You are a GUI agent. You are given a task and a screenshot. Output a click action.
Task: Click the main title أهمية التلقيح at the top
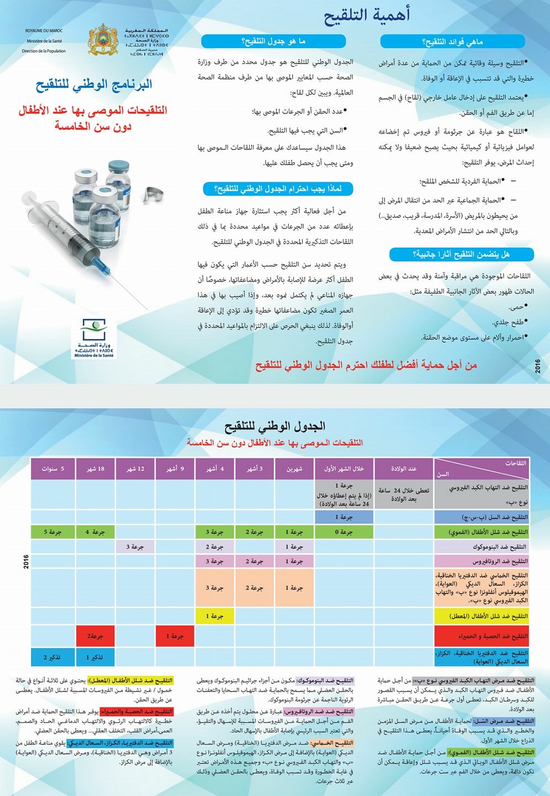coord(367,15)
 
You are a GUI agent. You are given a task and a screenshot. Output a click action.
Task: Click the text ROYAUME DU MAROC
coord(44,31)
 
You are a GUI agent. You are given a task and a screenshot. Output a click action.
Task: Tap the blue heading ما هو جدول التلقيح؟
coord(273,41)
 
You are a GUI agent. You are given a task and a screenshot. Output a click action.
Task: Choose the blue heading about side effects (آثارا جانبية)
coord(461,254)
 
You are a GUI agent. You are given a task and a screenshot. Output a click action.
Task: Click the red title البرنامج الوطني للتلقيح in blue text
coord(94,85)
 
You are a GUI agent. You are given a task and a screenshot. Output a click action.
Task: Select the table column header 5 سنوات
coord(53,469)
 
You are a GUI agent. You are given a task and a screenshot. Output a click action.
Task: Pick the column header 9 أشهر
coord(175,469)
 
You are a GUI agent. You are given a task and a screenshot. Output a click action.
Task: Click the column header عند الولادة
coord(404,469)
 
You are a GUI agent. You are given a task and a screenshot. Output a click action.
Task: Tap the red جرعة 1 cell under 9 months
coord(175,636)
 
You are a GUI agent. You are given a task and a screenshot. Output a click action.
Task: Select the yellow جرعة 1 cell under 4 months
coord(215,616)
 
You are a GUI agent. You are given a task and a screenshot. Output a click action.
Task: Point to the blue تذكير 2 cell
coord(52,657)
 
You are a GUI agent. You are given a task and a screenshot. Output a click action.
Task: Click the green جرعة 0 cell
coord(344,532)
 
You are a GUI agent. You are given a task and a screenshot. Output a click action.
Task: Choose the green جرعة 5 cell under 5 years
coord(52,532)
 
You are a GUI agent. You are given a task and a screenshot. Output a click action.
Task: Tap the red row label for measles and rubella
coord(482,636)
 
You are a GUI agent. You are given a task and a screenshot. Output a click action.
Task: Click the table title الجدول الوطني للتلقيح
coord(274,426)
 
